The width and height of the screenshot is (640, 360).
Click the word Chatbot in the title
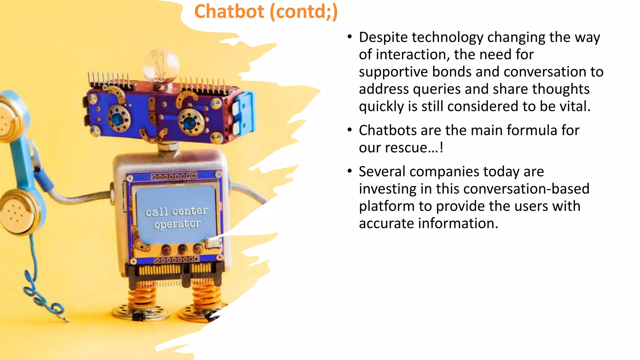tap(229, 12)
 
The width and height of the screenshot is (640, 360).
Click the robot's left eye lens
tap(118, 119)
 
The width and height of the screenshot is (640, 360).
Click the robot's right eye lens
tap(189, 122)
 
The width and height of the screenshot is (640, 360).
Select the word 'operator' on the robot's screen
tap(177, 224)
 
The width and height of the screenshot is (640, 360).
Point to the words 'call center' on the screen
tap(176, 211)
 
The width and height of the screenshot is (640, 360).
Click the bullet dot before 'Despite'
tap(350, 37)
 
